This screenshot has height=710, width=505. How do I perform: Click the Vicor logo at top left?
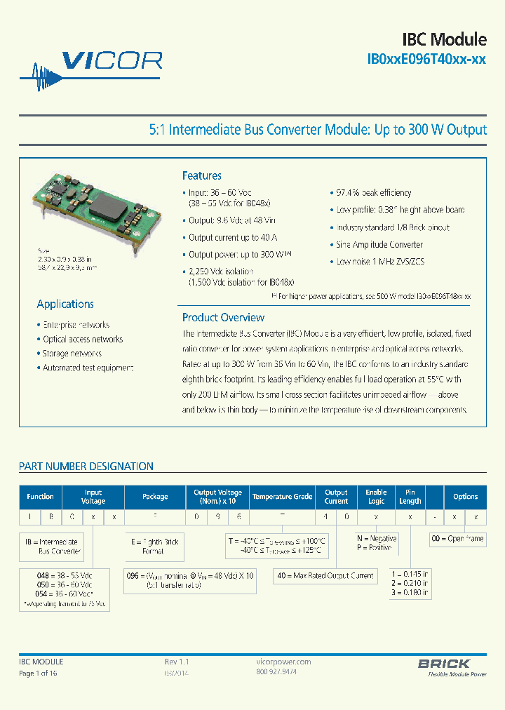(91, 63)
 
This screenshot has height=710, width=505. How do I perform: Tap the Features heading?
(201, 176)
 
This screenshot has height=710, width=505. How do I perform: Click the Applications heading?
(65, 304)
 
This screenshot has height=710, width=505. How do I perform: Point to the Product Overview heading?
(223, 317)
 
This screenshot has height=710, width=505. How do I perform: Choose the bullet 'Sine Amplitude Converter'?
(379, 245)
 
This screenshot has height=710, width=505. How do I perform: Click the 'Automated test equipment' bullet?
(87, 368)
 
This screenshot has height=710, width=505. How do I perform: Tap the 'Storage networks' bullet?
(72, 354)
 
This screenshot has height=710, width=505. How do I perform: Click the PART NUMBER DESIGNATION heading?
(86, 466)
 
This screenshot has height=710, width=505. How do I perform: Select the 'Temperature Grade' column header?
(282, 497)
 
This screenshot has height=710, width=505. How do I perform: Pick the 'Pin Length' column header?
(410, 497)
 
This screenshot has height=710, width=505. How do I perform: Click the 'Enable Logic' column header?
(376, 497)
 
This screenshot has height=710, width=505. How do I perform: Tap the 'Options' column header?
(465, 497)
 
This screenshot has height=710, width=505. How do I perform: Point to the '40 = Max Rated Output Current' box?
(324, 575)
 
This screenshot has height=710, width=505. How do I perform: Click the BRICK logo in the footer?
(444, 664)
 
